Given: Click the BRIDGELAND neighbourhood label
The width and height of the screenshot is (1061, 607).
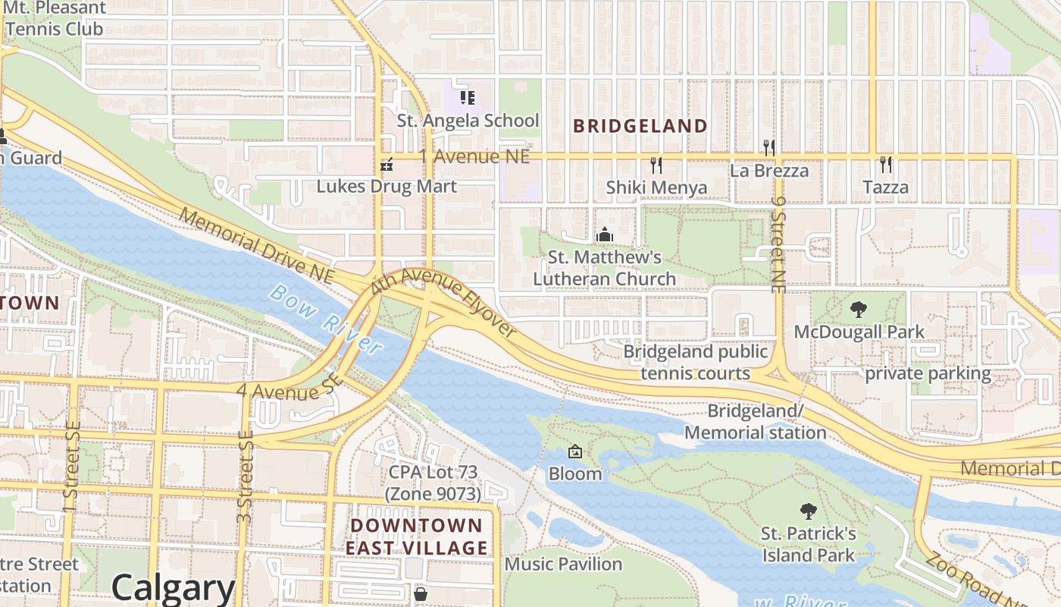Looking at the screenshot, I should (640, 126).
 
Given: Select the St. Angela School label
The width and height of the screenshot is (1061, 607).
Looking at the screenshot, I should (468, 121).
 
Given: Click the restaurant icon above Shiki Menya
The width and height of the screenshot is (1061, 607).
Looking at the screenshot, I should (656, 164).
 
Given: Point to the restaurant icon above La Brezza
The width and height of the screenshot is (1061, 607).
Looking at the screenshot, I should (769, 147).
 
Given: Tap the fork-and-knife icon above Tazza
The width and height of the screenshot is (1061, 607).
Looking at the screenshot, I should (885, 164).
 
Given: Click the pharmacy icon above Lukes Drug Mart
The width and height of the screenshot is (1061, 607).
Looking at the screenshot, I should (387, 164).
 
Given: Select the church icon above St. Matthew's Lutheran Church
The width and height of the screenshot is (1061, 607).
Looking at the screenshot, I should (604, 234).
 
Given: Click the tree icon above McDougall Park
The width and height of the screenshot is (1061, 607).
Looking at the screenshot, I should (859, 309).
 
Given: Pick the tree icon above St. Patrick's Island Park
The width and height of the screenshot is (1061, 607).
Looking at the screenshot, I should (809, 511).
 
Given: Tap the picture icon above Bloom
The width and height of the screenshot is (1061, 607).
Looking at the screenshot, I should (575, 451).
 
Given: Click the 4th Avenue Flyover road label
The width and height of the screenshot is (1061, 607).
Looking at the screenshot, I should (443, 303).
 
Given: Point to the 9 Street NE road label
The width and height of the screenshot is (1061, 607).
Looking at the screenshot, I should (778, 244).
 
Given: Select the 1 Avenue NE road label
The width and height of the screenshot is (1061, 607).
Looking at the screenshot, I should (474, 157).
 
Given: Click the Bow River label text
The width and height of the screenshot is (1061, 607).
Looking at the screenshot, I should (327, 319).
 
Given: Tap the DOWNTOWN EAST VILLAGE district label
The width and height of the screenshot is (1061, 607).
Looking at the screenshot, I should (417, 536).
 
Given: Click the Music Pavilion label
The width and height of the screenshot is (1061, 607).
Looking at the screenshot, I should (563, 564).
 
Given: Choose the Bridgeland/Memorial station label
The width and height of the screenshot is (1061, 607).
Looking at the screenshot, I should (755, 422).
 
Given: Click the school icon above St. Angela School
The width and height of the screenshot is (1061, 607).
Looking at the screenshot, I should (468, 98).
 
